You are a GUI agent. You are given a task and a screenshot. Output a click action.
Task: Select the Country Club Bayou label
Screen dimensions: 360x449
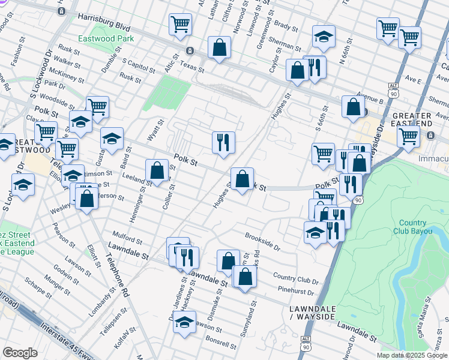tap(413, 227)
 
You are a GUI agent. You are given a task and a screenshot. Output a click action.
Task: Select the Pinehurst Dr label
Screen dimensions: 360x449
tap(296, 292)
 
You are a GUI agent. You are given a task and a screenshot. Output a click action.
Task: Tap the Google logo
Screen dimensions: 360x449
tap(20, 353)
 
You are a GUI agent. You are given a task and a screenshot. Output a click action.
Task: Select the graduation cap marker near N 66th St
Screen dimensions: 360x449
tap(323, 37)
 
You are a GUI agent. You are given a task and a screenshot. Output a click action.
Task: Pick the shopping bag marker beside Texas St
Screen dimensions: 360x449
tap(220, 47)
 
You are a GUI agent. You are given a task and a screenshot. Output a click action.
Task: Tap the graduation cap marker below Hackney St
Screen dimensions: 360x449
tap(185, 322)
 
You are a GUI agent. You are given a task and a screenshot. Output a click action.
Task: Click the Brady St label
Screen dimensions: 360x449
tap(285, 27)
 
